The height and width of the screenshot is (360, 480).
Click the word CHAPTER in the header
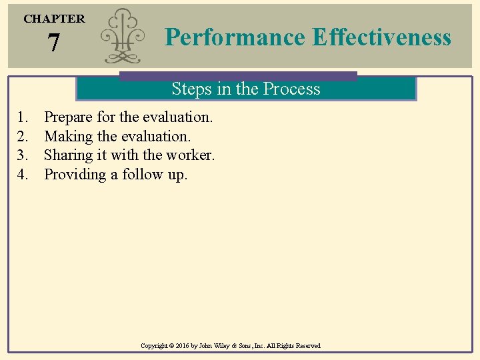pos(54,19)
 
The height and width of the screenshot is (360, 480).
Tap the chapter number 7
pos(54,44)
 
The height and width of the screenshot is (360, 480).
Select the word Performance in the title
pos(235,37)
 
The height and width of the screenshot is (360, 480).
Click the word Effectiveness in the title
pos(381,37)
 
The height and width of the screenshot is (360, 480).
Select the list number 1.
pos(23,117)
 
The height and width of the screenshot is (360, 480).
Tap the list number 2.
pos(23,137)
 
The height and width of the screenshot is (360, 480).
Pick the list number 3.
pos(23,155)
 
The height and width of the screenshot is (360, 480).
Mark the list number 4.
pos(23,175)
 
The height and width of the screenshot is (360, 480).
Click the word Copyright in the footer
pos(156,346)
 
